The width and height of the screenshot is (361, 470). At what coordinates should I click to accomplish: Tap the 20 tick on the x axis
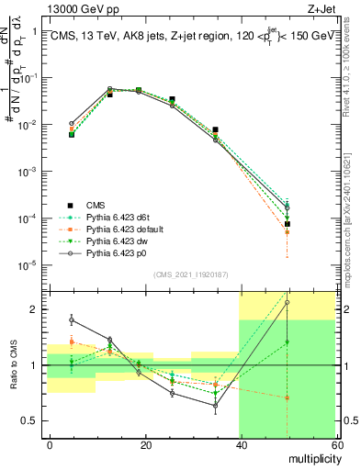tap(144, 444)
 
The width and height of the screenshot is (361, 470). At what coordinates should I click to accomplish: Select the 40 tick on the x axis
tap(240, 444)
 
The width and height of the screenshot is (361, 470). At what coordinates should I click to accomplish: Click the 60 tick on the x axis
tap(334, 444)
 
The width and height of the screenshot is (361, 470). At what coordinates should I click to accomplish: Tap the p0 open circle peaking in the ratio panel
tap(288, 302)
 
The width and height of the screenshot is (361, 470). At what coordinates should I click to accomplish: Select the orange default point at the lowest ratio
tap(288, 397)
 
